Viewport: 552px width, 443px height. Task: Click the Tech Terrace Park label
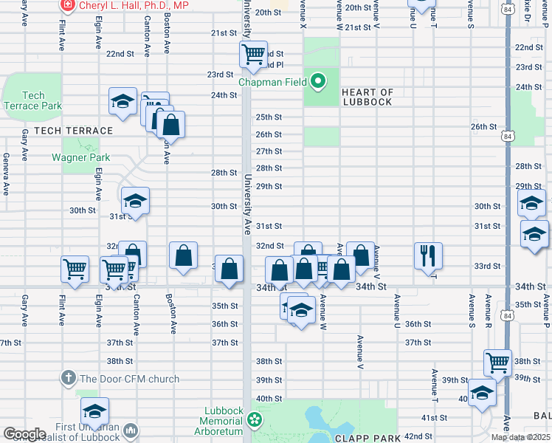(x=32, y=100)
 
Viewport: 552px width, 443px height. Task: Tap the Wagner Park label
(x=80, y=157)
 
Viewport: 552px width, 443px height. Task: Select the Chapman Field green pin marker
(x=318, y=81)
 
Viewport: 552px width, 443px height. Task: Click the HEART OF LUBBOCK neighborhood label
(x=368, y=97)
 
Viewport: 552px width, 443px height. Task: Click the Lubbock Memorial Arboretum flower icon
(x=255, y=419)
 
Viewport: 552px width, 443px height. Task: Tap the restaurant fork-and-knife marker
(x=428, y=256)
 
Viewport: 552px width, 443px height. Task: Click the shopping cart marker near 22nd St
(x=253, y=54)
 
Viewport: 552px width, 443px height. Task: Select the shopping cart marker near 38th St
(x=498, y=363)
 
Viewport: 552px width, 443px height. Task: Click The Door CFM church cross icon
(x=68, y=379)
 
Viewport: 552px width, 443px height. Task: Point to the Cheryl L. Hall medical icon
(x=68, y=4)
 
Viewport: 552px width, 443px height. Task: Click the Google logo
(x=24, y=434)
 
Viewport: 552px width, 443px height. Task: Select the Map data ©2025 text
(x=520, y=437)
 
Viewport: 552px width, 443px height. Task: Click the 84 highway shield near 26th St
(x=506, y=137)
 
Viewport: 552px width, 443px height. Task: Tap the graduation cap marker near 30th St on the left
(x=136, y=201)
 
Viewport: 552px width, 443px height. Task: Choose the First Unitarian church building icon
(x=131, y=430)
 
